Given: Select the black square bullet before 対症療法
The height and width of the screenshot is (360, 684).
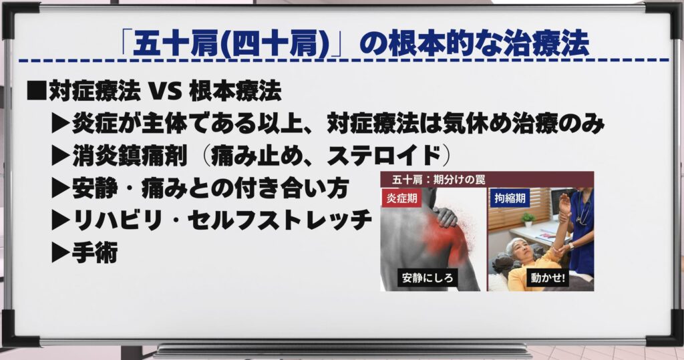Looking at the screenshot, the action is tap(37, 91).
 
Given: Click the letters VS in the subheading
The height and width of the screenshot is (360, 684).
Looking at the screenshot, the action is tap(165, 92).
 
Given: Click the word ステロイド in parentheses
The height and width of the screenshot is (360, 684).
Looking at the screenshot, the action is tap(384, 156).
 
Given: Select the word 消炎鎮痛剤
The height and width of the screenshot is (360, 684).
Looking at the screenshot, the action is tap(130, 156).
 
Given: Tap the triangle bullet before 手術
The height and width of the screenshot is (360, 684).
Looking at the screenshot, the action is tap(60, 253).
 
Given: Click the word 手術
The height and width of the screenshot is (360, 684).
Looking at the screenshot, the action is tap(95, 253).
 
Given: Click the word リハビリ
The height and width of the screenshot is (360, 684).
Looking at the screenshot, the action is tap(117, 220).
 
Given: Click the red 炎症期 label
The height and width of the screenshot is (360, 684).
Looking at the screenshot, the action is tap(401, 198).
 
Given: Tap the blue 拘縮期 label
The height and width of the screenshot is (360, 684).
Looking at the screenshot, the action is tap(510, 198).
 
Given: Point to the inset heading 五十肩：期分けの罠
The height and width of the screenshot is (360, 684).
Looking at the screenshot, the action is tap(438, 180).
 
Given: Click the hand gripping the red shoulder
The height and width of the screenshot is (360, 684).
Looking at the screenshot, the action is tap(446, 216).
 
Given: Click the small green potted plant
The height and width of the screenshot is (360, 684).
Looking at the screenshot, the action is tap(528, 219).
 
